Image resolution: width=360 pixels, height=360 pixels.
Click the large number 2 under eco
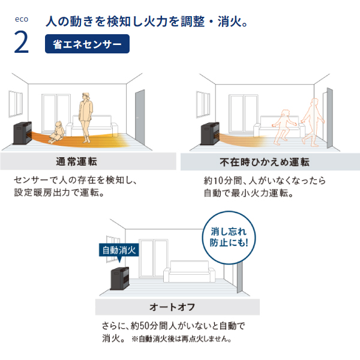pos(22,42)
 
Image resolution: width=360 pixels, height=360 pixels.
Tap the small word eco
pos(22,19)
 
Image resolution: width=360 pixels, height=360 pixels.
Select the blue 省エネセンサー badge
pos(87,44)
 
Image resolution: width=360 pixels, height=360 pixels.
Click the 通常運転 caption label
pos(76,161)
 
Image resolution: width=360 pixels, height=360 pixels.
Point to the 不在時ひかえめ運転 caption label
pos(265,162)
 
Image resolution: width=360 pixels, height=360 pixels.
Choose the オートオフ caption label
pos(172,307)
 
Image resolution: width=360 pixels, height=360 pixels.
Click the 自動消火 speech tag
pos(119,251)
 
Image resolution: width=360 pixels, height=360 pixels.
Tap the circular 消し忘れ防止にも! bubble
pos(229,238)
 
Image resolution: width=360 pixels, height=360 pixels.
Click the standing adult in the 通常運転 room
pos(86,118)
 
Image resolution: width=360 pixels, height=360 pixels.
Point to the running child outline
pos(283,127)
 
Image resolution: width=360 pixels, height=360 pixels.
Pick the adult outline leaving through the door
pos(312,122)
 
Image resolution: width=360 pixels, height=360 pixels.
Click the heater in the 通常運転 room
pos(22,133)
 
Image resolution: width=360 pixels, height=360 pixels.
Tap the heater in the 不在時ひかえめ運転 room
pos(210,134)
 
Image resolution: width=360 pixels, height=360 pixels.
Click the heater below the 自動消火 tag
pos(119,278)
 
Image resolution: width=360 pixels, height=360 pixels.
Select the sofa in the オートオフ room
pos(190,271)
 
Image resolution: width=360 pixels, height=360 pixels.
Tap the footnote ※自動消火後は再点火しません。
pos(181,338)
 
